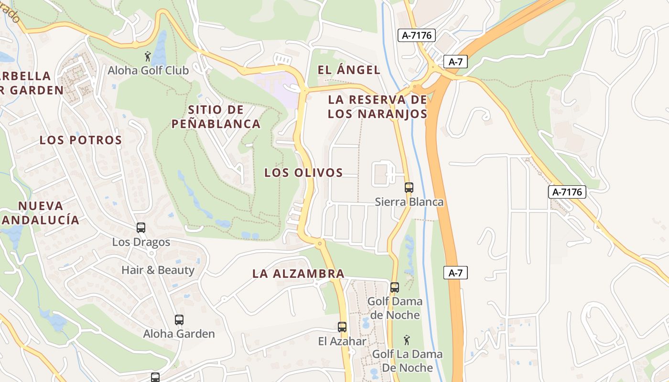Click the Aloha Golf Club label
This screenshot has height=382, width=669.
click(148, 71)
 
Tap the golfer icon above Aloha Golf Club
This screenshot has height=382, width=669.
click(148, 56)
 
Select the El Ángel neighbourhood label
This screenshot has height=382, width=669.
click(349, 70)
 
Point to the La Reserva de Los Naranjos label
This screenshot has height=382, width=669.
click(378, 107)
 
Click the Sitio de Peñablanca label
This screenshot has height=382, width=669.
click(216, 117)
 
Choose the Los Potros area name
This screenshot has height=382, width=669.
click(81, 140)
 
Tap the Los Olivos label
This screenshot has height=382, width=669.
click(304, 173)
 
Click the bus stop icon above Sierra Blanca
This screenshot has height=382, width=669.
click(409, 188)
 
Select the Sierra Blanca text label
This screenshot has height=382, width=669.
click(409, 202)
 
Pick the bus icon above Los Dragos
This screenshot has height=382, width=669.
click(141, 228)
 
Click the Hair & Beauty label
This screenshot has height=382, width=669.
click(158, 270)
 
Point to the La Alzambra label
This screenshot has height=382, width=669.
click(298, 274)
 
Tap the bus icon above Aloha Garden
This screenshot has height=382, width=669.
click(179, 320)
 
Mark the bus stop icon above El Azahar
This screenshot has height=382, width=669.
click(342, 327)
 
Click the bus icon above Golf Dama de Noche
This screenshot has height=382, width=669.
click(395, 287)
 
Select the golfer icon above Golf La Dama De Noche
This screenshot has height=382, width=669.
click(407, 340)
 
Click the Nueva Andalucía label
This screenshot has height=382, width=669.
click(41, 213)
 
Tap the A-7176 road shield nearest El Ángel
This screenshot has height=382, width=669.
click(417, 35)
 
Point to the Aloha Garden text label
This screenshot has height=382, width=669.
click(179, 334)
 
